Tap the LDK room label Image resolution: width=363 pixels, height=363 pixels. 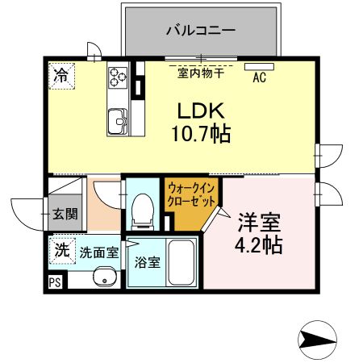point(201,111)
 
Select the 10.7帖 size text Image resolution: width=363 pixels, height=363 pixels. point(201,134)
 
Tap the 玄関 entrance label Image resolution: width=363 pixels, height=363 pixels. point(65,215)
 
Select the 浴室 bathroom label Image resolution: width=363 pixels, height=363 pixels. point(147,261)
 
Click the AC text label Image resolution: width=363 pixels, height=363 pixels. point(260,78)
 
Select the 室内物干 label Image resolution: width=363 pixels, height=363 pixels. point(201,73)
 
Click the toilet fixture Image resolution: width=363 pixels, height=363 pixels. point(144,208)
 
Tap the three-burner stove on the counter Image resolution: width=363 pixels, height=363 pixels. point(119,77)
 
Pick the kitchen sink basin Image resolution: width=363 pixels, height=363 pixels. point(119,122)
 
